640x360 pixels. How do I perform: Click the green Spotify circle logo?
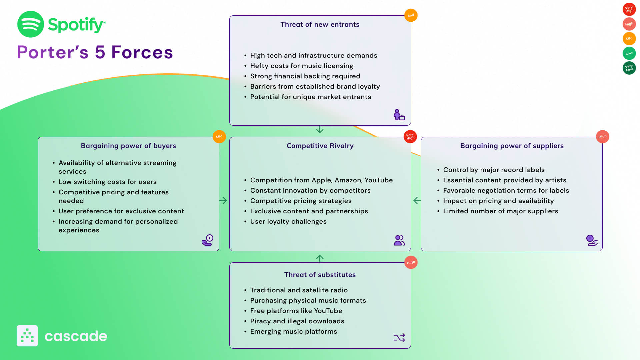click(x=30, y=24)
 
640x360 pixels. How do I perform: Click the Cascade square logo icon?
click(x=27, y=336)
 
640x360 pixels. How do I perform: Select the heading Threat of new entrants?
click(x=320, y=24)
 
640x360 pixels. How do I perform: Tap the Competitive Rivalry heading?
click(x=320, y=146)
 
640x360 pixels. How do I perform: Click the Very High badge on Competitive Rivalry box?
click(x=410, y=137)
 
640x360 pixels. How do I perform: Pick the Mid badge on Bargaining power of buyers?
click(x=219, y=137)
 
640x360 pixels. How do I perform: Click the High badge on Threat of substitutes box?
click(x=411, y=262)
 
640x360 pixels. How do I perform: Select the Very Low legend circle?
click(x=629, y=68)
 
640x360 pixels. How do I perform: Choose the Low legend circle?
click(x=629, y=53)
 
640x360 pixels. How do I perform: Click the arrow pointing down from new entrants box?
click(x=320, y=129)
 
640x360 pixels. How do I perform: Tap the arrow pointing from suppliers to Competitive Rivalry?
click(x=417, y=200)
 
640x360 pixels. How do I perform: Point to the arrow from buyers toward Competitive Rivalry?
click(x=223, y=200)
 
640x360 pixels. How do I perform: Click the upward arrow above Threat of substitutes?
click(x=320, y=258)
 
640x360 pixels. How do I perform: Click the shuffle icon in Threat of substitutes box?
click(x=399, y=338)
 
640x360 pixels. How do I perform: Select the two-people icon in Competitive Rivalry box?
click(x=399, y=240)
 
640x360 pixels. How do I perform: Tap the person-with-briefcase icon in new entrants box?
click(x=399, y=115)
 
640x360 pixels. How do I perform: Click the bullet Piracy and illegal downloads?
click(x=297, y=321)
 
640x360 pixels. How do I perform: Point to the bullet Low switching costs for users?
click(x=107, y=182)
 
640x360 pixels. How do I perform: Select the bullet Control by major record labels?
click(x=494, y=170)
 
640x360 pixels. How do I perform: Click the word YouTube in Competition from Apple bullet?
click(x=378, y=180)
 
